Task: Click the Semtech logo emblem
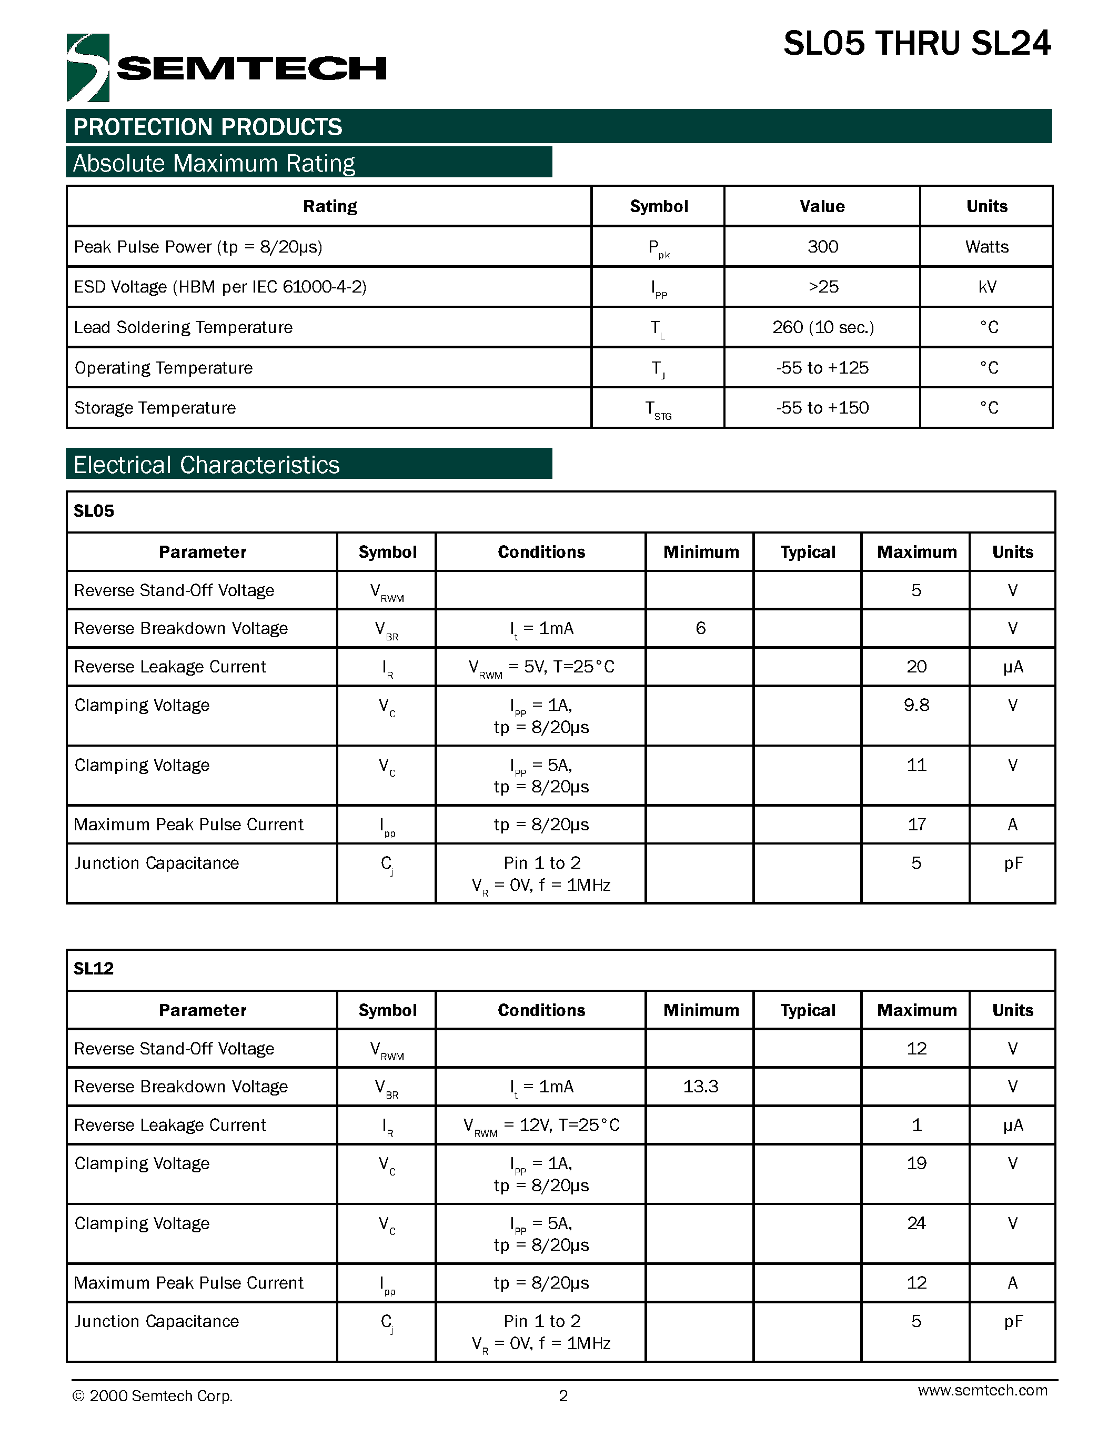click(87, 67)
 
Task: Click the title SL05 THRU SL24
click(916, 44)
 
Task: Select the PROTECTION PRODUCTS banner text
click(207, 126)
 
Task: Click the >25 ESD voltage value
click(823, 286)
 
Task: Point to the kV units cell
click(987, 286)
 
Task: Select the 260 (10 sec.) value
click(823, 327)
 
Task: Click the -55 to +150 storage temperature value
click(823, 407)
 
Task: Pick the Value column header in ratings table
click(822, 206)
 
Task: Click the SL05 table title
click(94, 511)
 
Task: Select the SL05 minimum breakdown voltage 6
click(701, 628)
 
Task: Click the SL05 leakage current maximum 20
click(916, 667)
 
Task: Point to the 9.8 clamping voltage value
click(916, 705)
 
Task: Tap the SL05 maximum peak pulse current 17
click(916, 824)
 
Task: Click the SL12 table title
click(94, 969)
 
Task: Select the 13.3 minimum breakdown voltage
click(701, 1086)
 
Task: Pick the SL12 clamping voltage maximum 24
click(916, 1223)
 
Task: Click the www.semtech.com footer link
click(982, 1390)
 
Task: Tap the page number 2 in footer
click(563, 1396)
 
